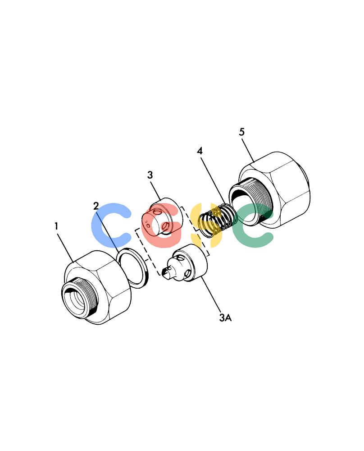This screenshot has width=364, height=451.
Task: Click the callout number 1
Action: [x=56, y=226]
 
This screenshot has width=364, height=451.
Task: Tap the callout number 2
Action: [x=96, y=206]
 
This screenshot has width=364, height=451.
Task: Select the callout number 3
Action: [x=150, y=175]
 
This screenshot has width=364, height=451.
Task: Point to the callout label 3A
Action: [x=225, y=318]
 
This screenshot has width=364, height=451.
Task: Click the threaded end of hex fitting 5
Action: [x=250, y=201]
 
